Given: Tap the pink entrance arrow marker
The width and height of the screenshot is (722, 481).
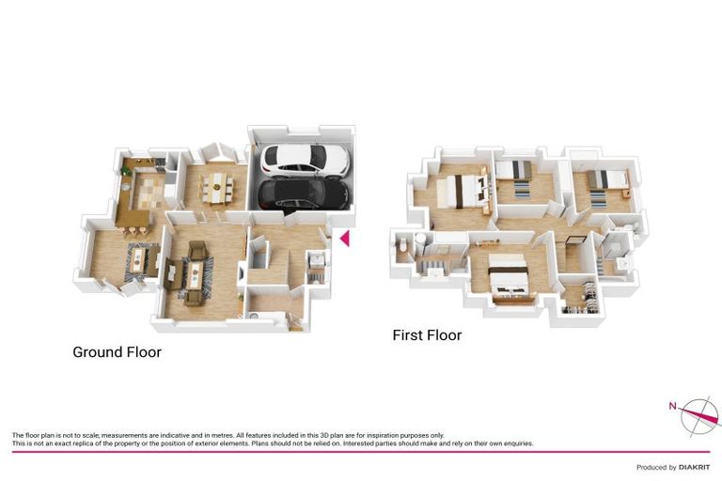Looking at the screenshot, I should (x=344, y=239).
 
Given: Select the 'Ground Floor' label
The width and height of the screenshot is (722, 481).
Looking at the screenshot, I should (x=117, y=352).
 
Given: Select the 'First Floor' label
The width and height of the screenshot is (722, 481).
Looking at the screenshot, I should (x=427, y=334).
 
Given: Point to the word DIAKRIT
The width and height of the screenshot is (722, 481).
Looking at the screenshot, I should (x=693, y=467).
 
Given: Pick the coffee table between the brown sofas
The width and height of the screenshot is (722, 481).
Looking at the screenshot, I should (x=196, y=273).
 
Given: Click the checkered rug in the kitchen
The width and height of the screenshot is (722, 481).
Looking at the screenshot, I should (x=149, y=192).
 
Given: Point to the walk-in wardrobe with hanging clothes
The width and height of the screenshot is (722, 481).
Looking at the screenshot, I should (x=579, y=295).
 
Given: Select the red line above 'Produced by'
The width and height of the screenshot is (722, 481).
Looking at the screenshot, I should (x=361, y=452).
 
